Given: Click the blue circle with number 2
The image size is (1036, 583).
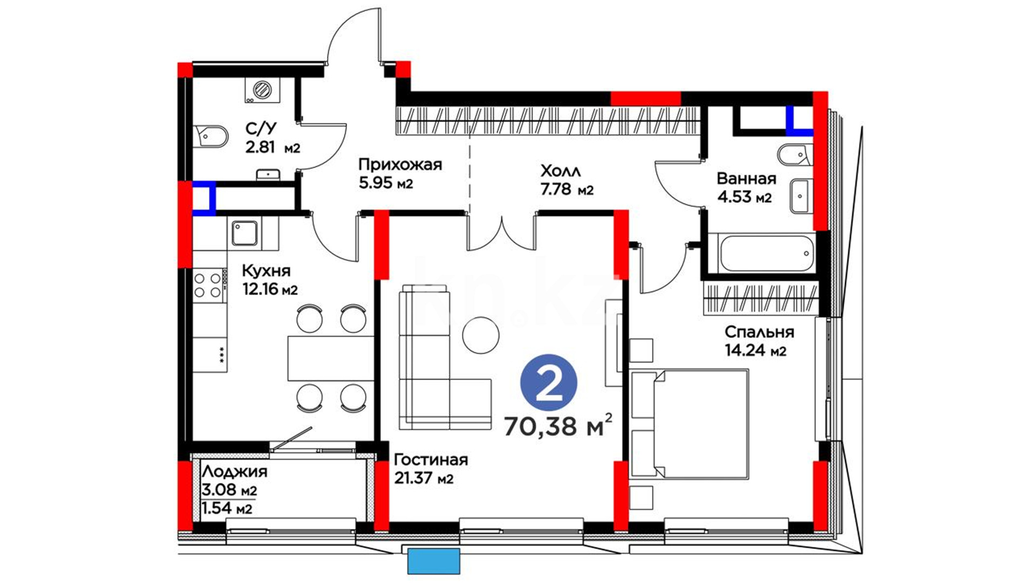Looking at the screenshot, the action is point(549,383).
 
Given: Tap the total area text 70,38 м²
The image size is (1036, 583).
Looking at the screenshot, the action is point(558,425).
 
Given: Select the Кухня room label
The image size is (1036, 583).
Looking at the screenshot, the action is point(266,270).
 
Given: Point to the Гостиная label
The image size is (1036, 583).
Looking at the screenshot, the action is point(431,460).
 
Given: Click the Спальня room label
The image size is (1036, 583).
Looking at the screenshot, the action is point(759,332).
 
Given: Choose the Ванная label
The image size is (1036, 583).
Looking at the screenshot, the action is point(746,178).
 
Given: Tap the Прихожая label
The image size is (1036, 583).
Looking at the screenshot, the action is point(400,165).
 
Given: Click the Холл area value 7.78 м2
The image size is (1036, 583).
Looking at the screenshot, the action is point(567,189).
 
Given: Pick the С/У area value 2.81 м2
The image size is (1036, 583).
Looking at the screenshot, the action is point(272,147).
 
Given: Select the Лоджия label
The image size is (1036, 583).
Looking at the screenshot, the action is point(235,472).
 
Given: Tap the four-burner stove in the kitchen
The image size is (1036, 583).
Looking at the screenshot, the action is point(208,286).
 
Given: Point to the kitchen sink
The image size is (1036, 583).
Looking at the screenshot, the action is point(246,233).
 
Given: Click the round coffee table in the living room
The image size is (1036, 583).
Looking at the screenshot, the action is point(481,335).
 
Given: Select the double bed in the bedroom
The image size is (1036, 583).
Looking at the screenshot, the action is point(689,424).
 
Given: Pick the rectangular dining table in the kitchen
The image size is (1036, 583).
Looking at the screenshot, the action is point(331,358).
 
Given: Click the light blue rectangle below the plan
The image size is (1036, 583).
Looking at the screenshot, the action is point(434,561).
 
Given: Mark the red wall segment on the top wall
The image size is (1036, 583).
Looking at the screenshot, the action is point(645,98).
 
